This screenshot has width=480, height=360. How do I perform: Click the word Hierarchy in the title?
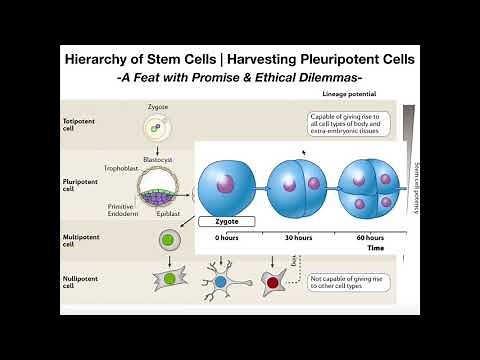[x=104, y=59]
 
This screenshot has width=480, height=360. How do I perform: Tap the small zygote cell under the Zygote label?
[x=153, y=127]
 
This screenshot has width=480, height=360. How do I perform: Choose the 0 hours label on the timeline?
[x=224, y=239]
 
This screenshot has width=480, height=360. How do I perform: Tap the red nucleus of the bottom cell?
[x=272, y=284]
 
